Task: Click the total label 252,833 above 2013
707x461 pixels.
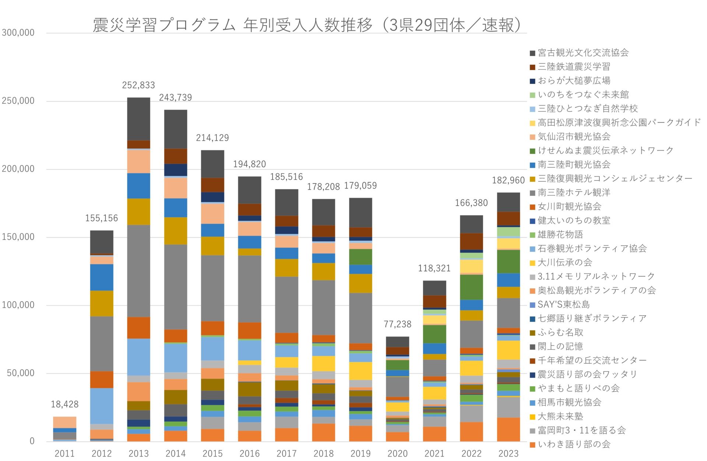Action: pyautogui.click(x=138, y=85)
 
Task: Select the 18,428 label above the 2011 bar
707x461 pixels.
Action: pyautogui.click(x=64, y=404)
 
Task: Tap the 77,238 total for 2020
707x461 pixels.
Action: pyautogui.click(x=397, y=324)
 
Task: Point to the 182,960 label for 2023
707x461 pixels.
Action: pyautogui.click(x=508, y=180)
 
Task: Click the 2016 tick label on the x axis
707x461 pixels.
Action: pyautogui.click(x=249, y=453)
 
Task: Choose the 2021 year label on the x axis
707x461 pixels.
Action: pyautogui.click(x=434, y=453)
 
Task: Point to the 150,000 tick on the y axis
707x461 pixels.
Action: pyautogui.click(x=18, y=237)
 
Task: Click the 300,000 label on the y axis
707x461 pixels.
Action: pyautogui.click(x=18, y=32)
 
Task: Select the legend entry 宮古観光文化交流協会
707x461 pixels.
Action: pyautogui.click(x=583, y=53)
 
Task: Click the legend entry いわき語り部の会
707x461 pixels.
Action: pyautogui.click(x=574, y=444)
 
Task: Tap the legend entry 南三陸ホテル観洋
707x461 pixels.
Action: pyautogui.click(x=574, y=192)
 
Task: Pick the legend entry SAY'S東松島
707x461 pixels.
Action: pyautogui.click(x=563, y=304)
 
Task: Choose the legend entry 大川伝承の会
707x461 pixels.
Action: pyautogui.click(x=564, y=262)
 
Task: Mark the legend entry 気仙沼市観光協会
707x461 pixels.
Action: pyautogui.click(x=574, y=137)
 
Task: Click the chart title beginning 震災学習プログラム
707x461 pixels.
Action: pyautogui.click(x=307, y=25)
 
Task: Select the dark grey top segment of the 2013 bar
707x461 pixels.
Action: pyautogui.click(x=138, y=119)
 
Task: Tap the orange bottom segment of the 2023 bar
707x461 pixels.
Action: pyautogui.click(x=508, y=429)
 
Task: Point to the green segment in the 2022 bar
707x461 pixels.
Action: pyautogui.click(x=471, y=287)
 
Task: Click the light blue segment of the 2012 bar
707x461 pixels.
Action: pyautogui.click(x=102, y=406)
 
